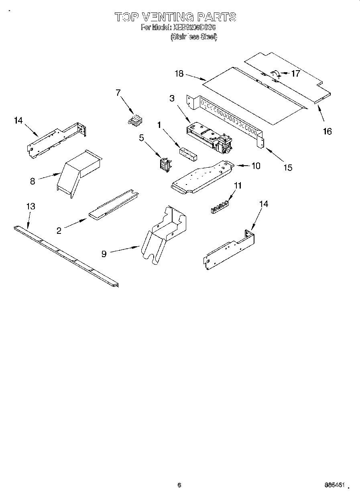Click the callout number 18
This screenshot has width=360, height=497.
[x=179, y=73]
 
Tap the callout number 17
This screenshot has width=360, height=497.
[x=296, y=73]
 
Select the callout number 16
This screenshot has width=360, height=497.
[x=327, y=131]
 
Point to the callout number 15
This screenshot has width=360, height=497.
[x=288, y=168]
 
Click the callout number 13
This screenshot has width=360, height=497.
[x=31, y=206]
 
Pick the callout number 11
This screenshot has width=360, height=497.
[x=238, y=185]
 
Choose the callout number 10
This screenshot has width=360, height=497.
[x=256, y=165]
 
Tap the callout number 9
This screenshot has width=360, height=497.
[x=104, y=254]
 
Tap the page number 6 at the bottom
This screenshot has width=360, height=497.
[x=179, y=485]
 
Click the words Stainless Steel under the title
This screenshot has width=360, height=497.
[x=194, y=37]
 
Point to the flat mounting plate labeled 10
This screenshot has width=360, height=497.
[x=201, y=176]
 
